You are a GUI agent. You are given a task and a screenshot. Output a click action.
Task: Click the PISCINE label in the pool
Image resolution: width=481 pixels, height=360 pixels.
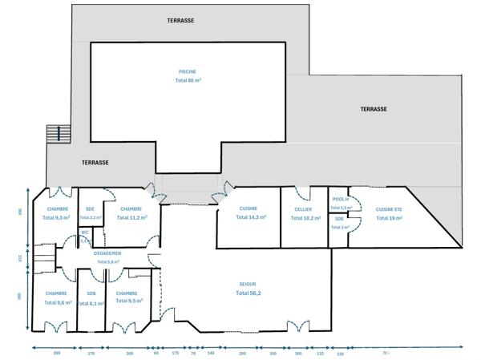(188, 71)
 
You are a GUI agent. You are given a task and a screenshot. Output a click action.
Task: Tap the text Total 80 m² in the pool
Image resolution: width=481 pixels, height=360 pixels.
(188, 80)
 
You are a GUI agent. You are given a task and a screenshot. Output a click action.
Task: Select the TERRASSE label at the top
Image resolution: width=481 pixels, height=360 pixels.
(180, 20)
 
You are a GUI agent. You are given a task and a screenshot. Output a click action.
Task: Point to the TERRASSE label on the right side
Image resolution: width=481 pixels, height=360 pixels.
(374, 109)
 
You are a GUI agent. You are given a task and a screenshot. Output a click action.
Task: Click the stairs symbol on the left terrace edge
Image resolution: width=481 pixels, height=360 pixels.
(55, 133)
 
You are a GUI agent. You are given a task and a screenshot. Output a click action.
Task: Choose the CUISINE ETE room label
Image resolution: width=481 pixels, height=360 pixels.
(389, 208)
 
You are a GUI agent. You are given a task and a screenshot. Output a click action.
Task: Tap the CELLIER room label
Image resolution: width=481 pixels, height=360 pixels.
(303, 208)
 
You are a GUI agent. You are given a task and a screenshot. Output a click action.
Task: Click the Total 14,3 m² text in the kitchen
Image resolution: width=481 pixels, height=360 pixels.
(248, 217)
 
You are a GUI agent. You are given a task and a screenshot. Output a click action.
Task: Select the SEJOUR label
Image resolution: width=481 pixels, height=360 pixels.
(248, 284)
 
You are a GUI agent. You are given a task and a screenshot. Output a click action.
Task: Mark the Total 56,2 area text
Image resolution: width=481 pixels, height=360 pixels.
(248, 293)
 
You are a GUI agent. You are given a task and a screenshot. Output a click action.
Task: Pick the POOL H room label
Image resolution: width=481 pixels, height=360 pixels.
(340, 199)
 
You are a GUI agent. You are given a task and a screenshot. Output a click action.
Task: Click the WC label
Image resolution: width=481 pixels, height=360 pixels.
(84, 233)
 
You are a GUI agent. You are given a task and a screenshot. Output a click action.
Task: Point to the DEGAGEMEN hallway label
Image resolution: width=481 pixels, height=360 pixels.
(107, 253)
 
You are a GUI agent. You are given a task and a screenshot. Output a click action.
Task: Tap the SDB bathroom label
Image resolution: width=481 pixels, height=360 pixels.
(91, 293)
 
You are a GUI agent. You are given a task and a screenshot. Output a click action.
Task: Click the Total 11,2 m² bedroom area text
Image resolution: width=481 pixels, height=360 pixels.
(131, 217)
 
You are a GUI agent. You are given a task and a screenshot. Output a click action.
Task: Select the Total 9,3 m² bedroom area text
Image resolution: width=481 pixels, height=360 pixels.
(56, 217)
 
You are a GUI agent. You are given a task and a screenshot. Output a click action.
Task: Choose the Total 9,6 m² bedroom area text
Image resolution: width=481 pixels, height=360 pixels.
(56, 303)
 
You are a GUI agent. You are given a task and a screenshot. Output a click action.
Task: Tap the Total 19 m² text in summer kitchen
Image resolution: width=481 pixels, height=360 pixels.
(389, 217)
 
